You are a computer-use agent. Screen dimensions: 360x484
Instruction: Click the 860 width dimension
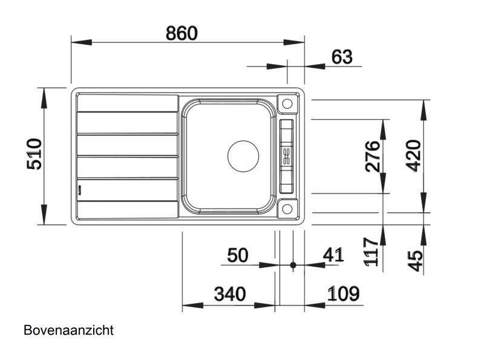[182, 33]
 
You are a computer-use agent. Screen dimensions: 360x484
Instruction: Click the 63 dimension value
[342, 57]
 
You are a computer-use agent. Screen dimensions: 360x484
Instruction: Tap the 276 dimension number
[373, 155]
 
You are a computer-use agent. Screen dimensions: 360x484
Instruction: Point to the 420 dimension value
[413, 155]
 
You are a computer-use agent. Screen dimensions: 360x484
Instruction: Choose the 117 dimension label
[373, 252]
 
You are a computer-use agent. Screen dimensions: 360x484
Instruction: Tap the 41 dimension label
[333, 255]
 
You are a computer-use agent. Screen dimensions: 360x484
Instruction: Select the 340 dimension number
[230, 295]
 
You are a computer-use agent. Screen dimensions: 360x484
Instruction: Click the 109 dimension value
[344, 295]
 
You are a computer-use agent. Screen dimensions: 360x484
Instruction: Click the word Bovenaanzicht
[69, 330]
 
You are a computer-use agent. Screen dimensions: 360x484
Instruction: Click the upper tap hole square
[286, 103]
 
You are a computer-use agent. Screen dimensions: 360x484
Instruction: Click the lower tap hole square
[286, 209]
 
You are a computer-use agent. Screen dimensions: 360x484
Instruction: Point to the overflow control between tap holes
[286, 155]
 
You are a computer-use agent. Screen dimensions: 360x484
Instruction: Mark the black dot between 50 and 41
[293, 265]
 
